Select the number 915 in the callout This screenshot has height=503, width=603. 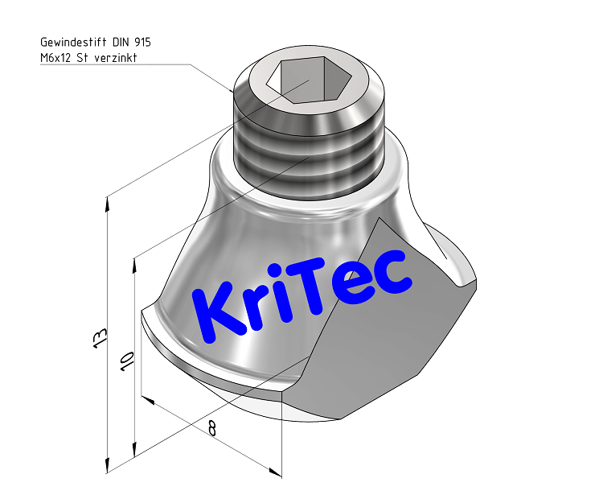141,42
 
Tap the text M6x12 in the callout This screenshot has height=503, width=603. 56,57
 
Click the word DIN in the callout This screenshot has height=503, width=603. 118,42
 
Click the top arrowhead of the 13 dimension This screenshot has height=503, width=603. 107,201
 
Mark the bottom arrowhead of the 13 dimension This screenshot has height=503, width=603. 107,468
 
